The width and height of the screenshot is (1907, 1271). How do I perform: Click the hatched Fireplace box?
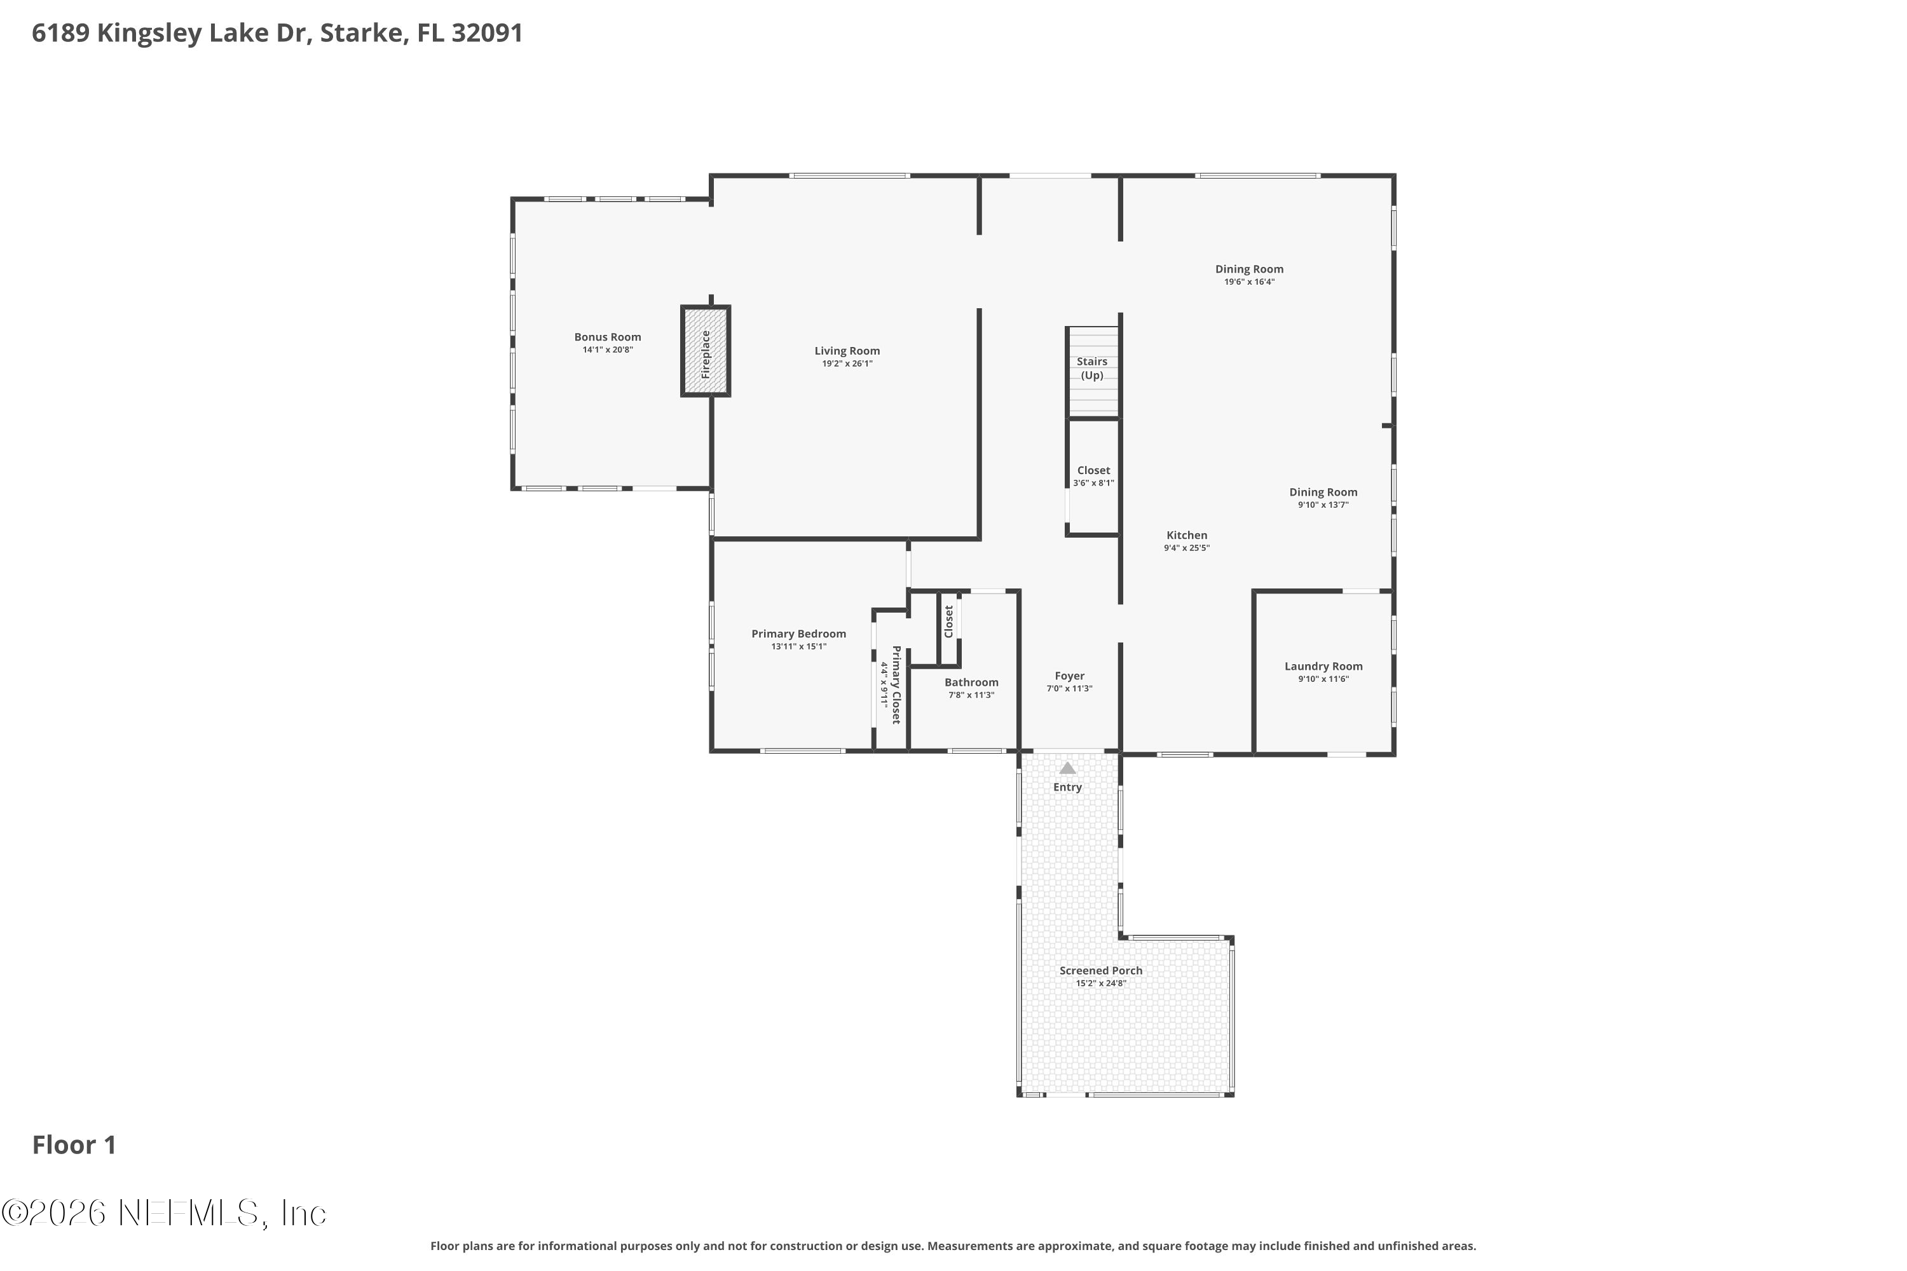point(706,351)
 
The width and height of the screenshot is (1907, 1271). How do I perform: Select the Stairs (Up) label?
point(1092,368)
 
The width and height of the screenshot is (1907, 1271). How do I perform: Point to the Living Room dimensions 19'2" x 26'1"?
point(847,364)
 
